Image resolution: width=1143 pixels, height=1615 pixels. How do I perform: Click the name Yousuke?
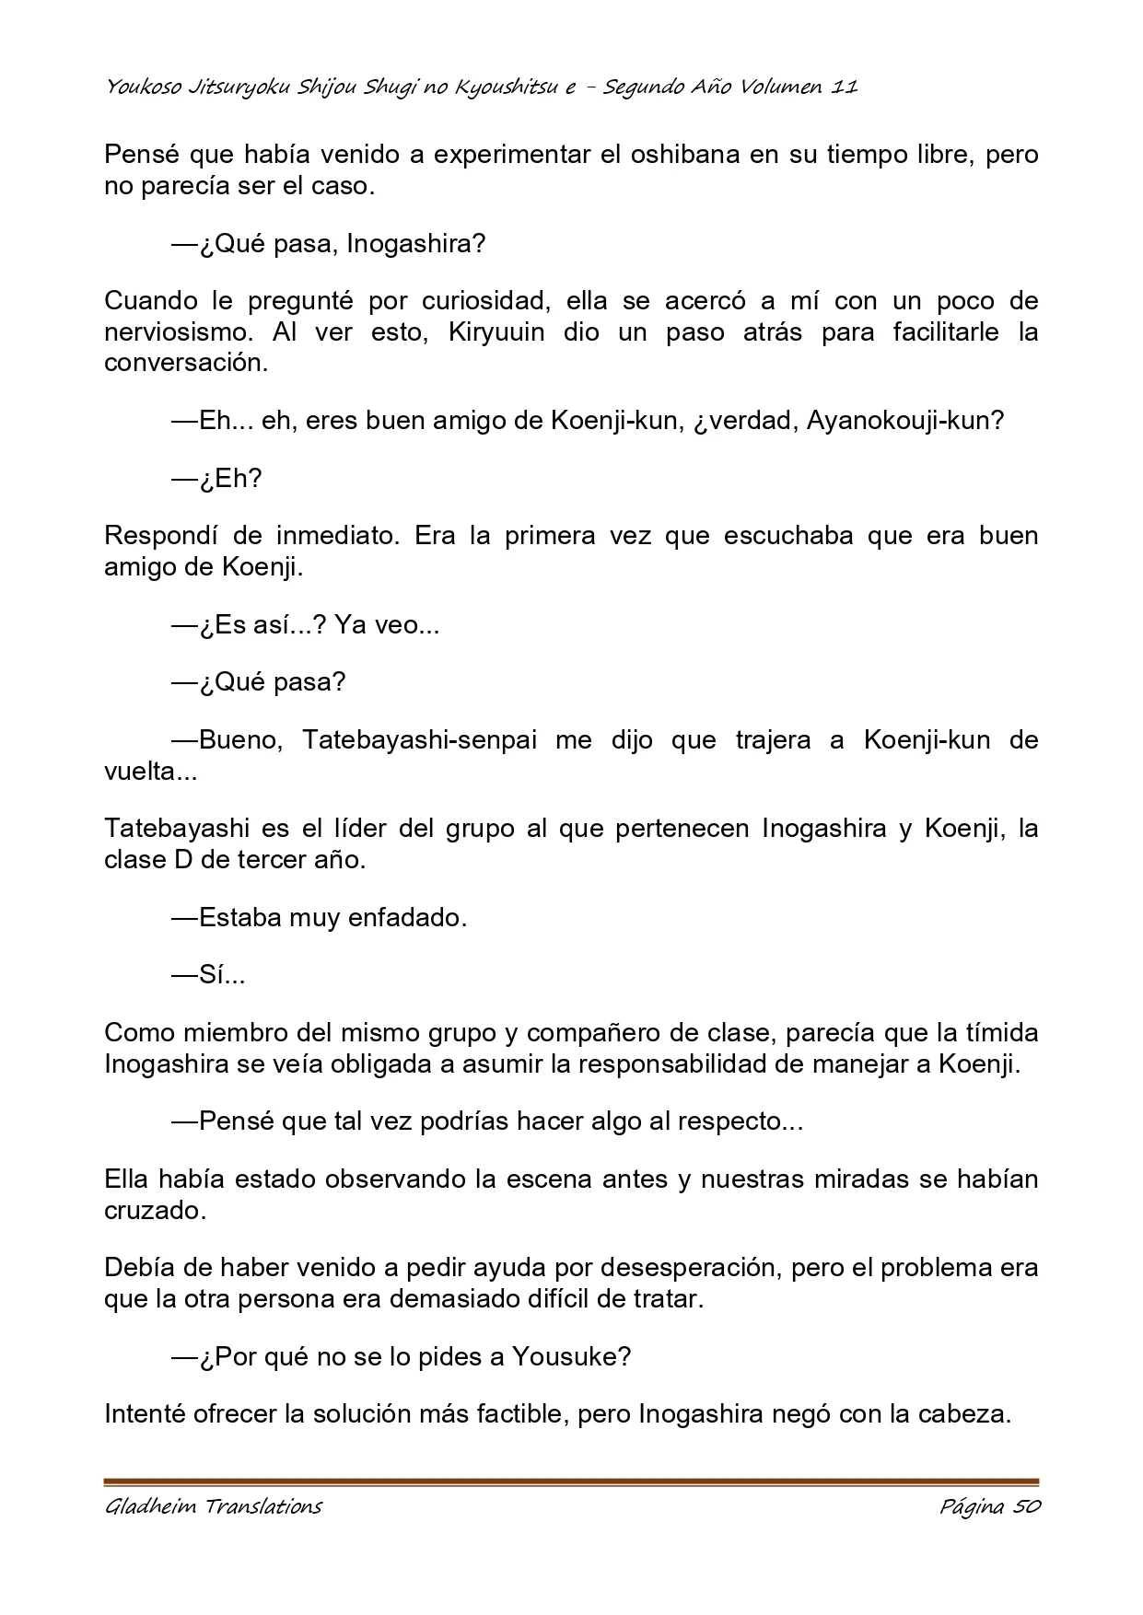pos(571,1356)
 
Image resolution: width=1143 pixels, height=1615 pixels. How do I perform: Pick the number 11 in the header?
pos(845,87)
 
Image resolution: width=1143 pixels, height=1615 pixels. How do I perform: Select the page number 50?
pos(1024,1506)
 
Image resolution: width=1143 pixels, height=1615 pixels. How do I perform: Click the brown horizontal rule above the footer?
pos(571,1482)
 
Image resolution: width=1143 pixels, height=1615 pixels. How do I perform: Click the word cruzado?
pos(153,1210)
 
